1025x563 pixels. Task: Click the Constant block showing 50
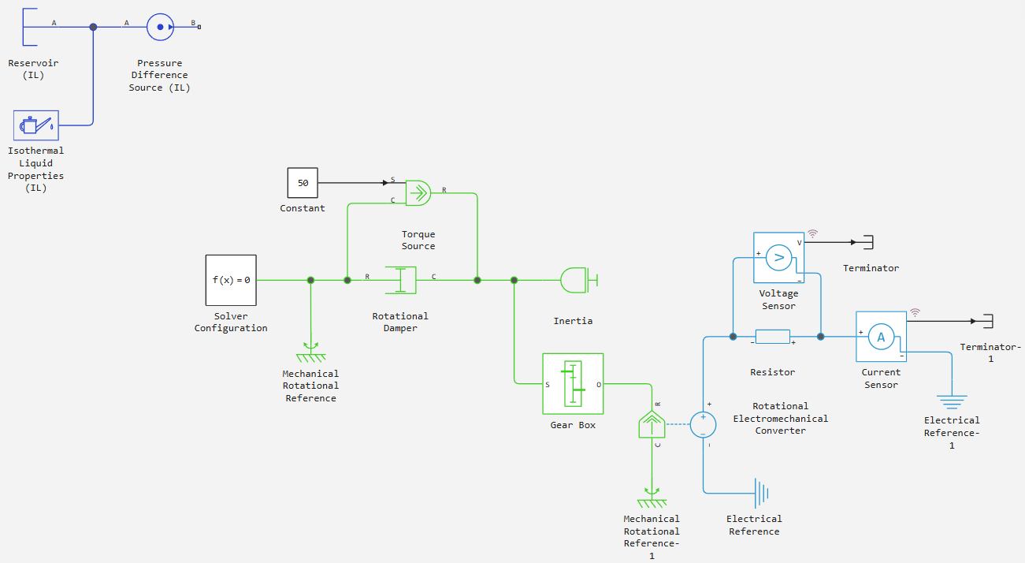303,183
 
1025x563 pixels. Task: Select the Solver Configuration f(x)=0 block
231,281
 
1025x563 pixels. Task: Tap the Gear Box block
573,384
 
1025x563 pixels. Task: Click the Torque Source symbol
418,193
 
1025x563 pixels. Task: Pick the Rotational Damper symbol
401,280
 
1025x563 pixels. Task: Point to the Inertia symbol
579,280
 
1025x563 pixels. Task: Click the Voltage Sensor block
778,257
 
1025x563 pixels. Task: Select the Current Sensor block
881,337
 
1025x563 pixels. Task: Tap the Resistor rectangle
773,337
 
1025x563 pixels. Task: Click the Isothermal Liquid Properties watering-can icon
36,125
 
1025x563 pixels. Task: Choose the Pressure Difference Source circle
160,27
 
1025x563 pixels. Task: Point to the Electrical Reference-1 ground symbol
952,402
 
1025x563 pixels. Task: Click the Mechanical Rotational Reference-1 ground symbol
652,498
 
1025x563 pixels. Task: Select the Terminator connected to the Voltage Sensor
868,242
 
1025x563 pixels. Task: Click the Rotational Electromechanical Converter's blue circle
703,425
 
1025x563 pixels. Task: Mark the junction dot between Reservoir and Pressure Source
93,27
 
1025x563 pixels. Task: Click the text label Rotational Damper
400,322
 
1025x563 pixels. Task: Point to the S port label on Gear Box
548,385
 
